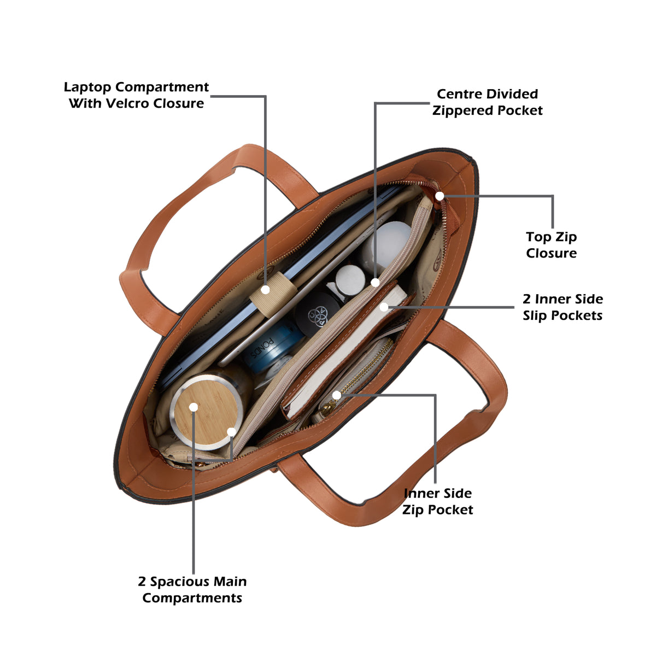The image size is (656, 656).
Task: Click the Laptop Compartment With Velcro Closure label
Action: pyautogui.click(x=136, y=95)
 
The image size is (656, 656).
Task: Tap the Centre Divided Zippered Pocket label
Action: pyautogui.click(x=487, y=102)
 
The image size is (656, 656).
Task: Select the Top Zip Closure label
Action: pyautogui.click(x=551, y=245)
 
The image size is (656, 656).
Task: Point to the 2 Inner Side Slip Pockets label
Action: pyautogui.click(x=563, y=307)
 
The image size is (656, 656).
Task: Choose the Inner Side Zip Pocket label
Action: pyautogui.click(x=437, y=501)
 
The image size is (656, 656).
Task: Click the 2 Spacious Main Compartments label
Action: pyautogui.click(x=192, y=590)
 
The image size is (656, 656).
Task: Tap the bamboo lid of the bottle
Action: pyautogui.click(x=207, y=412)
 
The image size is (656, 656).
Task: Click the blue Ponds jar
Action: pyautogui.click(x=272, y=347)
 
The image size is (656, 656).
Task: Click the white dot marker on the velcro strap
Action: pyautogui.click(x=266, y=290)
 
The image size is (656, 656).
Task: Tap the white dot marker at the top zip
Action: pyautogui.click(x=440, y=196)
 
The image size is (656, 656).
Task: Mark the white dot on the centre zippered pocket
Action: pyautogui.click(x=375, y=282)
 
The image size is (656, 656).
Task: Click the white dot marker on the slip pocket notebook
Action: pyautogui.click(x=384, y=307)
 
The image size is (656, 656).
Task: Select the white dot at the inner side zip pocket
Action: pyautogui.click(x=336, y=395)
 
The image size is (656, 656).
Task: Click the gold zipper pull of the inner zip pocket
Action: pyautogui.click(x=327, y=409)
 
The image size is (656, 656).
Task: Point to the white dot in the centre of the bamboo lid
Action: pyautogui.click(x=194, y=407)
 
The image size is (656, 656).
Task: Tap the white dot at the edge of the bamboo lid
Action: pyautogui.click(x=231, y=432)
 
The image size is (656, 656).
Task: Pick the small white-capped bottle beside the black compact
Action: pyautogui.click(x=350, y=280)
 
